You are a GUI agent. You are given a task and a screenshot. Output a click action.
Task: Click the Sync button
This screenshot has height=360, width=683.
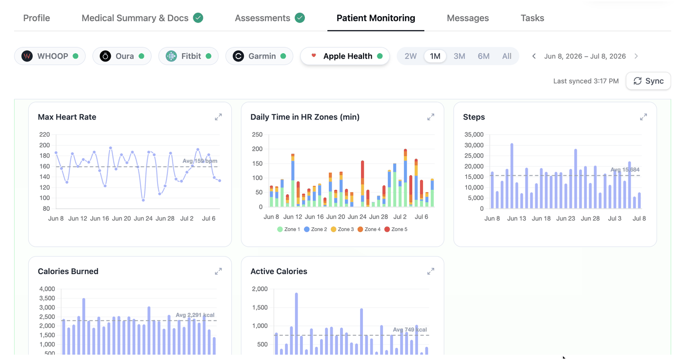click(x=648, y=81)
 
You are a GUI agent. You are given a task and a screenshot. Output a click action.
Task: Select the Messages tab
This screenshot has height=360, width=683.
click(x=468, y=18)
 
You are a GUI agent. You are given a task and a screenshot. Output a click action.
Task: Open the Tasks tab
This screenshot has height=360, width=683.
click(x=532, y=18)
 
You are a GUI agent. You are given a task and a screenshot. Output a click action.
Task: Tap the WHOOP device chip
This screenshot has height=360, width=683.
click(x=50, y=56)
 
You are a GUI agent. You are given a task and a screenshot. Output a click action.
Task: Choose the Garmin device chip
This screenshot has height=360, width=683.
click(x=259, y=56)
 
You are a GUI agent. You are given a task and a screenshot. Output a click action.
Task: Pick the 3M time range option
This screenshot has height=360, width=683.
click(x=459, y=56)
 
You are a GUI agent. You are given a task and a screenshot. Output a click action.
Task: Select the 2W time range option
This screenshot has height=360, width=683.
click(x=410, y=56)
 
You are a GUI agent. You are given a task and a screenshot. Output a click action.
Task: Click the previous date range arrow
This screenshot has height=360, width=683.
click(x=534, y=56)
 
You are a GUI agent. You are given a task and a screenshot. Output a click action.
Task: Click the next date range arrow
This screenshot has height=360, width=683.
click(x=636, y=56)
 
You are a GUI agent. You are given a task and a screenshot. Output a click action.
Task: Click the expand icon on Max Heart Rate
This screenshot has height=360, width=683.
click(x=219, y=117)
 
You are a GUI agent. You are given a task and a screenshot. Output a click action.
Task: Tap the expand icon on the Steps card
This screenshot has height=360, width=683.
click(x=643, y=117)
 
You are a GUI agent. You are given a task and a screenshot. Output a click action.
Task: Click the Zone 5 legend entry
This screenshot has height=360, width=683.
click(x=396, y=229)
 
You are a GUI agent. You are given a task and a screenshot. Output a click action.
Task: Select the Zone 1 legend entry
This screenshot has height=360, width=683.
click(x=288, y=229)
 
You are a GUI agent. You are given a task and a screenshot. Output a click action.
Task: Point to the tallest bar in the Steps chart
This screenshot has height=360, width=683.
click(x=512, y=176)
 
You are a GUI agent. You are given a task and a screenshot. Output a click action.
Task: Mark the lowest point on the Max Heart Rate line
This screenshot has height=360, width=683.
click(x=143, y=200)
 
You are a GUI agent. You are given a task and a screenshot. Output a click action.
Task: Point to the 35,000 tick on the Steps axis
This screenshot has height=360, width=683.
click(x=474, y=135)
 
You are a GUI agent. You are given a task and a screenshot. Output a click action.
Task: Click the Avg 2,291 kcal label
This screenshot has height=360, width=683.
click(x=195, y=315)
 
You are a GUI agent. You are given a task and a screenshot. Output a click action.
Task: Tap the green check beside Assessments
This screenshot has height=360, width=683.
click(x=300, y=18)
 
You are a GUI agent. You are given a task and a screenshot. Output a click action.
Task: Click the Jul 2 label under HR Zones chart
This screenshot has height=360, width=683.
click(x=400, y=217)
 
